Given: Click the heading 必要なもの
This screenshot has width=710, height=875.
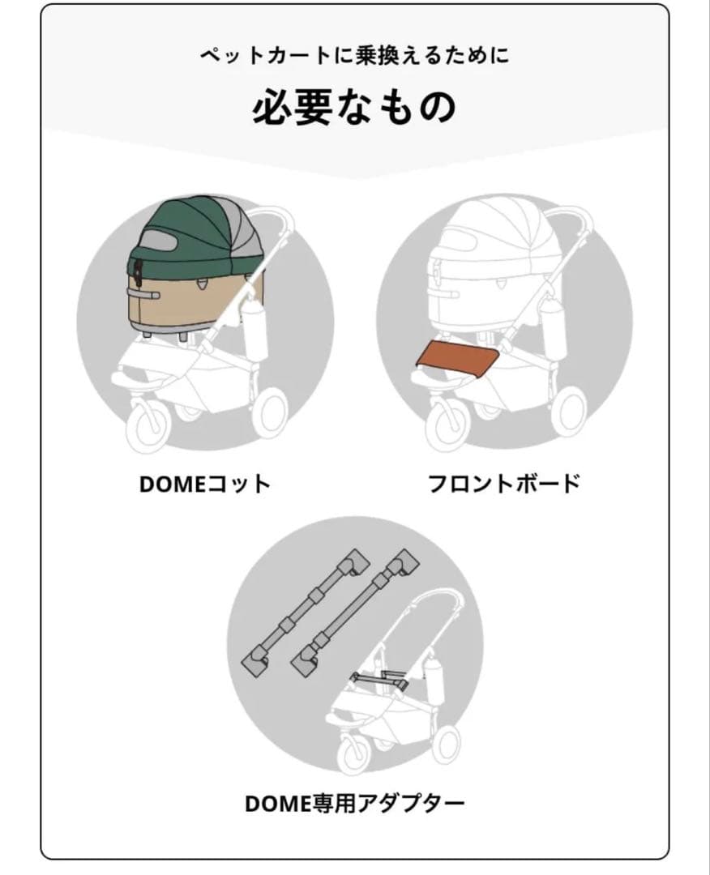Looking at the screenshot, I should [354, 109].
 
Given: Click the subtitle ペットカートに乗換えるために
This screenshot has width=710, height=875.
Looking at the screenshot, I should [355, 57].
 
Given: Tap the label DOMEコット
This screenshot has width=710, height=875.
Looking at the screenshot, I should [204, 484].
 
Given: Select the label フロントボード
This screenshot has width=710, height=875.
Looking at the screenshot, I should [504, 484].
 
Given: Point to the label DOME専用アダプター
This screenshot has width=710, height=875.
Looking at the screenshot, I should [355, 805].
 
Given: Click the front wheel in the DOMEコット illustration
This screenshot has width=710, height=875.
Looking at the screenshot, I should [151, 425].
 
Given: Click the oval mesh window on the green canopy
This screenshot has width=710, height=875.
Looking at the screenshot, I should [159, 243].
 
